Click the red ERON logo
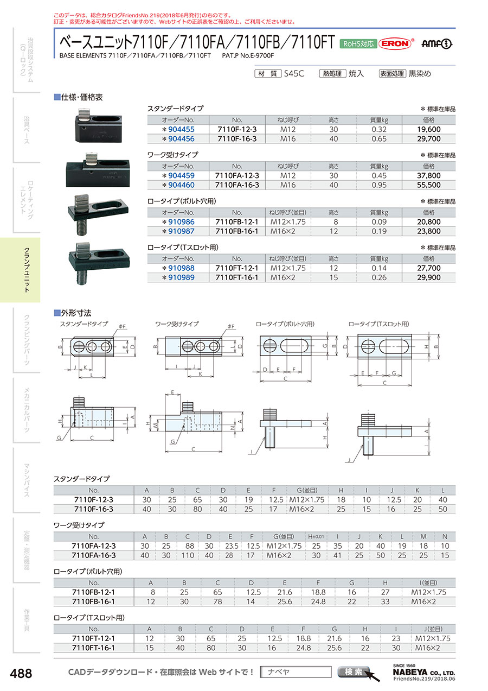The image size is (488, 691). click(x=395, y=43)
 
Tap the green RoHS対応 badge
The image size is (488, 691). click(x=358, y=44)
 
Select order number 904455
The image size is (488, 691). click(x=181, y=129)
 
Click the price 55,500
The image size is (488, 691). click(x=428, y=185)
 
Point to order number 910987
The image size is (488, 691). click(x=181, y=231)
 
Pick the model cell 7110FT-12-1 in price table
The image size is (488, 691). click(x=236, y=268)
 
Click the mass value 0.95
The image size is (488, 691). click(x=379, y=185)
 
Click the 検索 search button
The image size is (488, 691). click(x=353, y=671)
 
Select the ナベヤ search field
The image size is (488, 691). click(x=296, y=671)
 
